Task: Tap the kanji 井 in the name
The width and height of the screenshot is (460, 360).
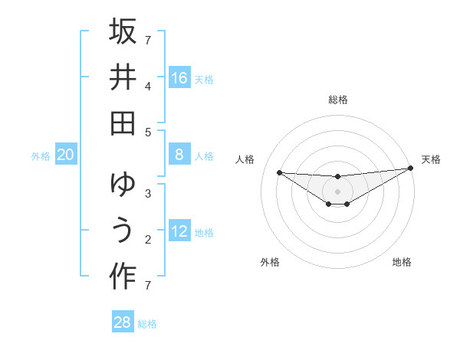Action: coord(123,77)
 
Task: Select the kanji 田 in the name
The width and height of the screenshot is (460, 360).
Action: coord(123,123)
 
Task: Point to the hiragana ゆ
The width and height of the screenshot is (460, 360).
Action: coord(123,185)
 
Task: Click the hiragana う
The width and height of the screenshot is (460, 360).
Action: coord(123,231)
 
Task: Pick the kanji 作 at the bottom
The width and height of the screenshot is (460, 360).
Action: coord(123,277)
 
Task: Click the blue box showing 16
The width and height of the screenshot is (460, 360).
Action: coord(179,77)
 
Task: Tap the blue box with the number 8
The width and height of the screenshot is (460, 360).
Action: coord(179,155)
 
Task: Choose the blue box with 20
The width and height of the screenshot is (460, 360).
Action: coord(65,155)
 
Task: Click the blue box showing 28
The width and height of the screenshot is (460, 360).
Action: coord(123,322)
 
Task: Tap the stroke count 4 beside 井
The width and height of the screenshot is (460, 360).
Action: coord(148,87)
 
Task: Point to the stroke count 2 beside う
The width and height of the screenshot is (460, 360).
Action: coord(148,240)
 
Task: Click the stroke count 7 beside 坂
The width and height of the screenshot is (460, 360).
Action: coord(148,40)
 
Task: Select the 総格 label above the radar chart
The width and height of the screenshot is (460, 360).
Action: coord(338,100)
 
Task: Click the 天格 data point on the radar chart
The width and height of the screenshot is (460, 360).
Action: coord(410,169)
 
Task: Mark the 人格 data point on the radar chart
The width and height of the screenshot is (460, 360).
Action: coord(279,172)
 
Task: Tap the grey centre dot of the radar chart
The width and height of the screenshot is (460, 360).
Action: coord(338,191)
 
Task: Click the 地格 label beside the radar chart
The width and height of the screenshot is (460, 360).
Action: coord(402,262)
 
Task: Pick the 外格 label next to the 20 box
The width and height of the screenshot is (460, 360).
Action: coord(41,155)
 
